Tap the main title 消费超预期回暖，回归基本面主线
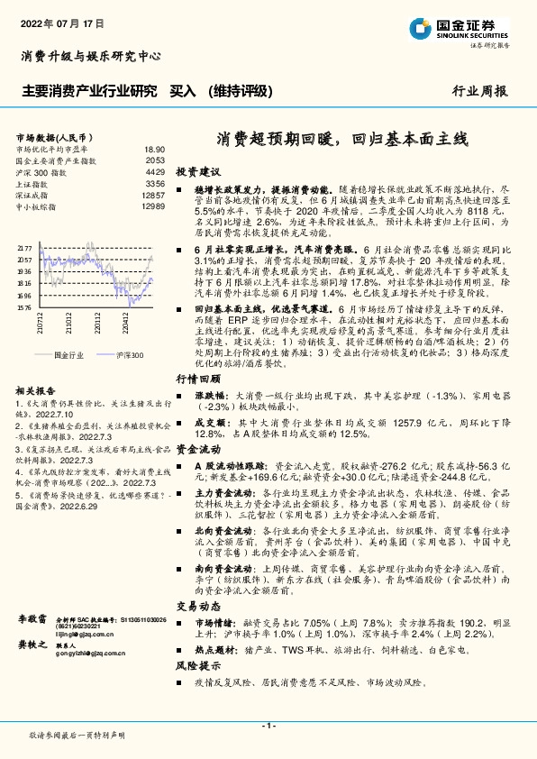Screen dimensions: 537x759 click(342, 140)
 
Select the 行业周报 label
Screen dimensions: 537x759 click(479, 91)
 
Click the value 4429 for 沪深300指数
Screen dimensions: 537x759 click(155, 171)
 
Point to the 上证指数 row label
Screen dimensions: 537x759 click(34, 183)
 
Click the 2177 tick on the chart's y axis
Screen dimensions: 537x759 click(24, 247)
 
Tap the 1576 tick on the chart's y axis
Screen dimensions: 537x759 click(24, 306)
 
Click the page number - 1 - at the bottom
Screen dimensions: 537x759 click(268, 726)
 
